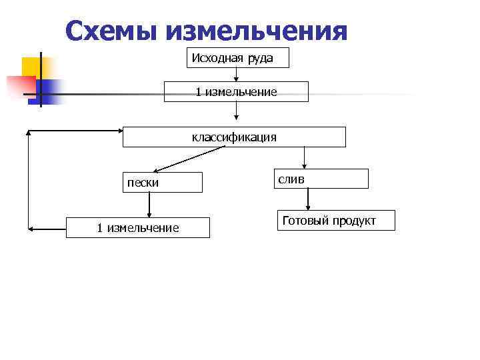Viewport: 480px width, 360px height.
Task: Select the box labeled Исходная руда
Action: coord(237,58)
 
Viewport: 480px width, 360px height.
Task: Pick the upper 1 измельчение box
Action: coord(236,91)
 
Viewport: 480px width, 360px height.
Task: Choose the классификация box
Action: coord(234,137)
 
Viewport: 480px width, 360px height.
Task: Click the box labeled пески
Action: coord(162,182)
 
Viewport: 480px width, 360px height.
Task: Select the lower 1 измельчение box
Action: coord(137,228)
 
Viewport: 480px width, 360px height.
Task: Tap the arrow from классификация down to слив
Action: coord(304,158)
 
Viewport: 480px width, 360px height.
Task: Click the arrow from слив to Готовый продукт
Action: coord(307,199)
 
